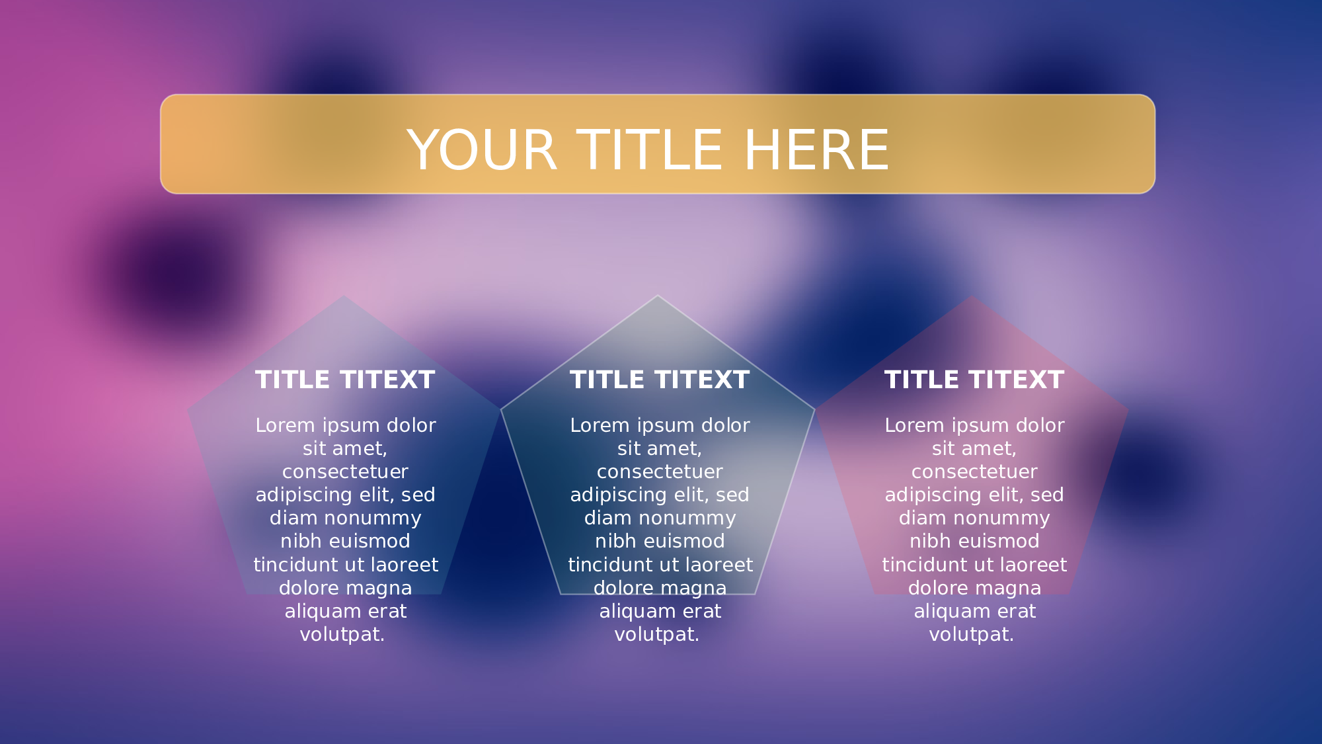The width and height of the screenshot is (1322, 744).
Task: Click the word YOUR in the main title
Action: coord(482,150)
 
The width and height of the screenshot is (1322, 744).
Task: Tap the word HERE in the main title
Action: coord(817,150)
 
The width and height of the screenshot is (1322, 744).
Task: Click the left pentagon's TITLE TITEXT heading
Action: coord(345,380)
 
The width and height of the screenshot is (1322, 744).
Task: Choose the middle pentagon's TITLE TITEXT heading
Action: coord(660,380)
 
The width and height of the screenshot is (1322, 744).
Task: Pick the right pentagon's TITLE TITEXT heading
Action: coord(974,380)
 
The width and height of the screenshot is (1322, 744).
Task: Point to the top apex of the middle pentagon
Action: coord(658,295)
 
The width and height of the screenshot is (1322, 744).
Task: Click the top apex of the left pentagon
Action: coord(344,295)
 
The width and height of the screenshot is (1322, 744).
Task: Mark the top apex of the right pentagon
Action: coord(972,295)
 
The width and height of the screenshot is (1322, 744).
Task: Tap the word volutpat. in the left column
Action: coord(342,635)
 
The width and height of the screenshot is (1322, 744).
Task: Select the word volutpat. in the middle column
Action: coord(657,635)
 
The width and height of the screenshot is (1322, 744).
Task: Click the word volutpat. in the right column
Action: coord(972,635)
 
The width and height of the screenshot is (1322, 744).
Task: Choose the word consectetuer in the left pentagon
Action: coord(345,472)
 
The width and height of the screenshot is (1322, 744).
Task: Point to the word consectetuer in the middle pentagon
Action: coord(660,472)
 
